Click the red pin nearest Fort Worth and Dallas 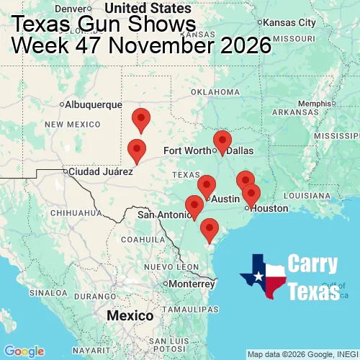tap(222, 142)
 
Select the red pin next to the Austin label tap(207, 186)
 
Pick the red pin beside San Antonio tap(194, 206)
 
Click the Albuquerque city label tap(94, 104)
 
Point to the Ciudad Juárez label tap(101, 172)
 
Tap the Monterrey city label tap(193, 284)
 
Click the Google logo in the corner tap(23, 351)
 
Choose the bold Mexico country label tap(130, 316)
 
